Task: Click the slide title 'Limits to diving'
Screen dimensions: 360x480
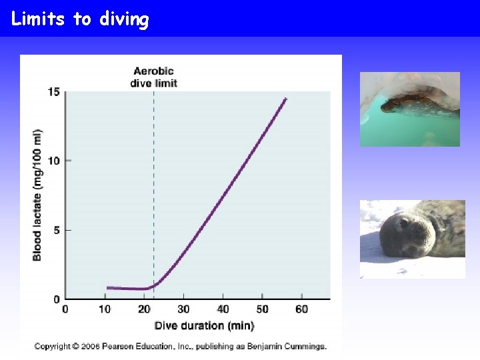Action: click(80, 19)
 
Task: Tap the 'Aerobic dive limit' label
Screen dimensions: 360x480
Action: click(154, 77)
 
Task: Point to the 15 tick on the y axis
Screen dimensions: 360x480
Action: click(53, 91)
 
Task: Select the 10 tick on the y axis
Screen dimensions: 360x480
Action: click(53, 161)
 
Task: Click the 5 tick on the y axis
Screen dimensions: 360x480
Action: click(57, 230)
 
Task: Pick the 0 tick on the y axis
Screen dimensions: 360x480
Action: click(57, 299)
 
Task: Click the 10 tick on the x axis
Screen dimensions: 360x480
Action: click(105, 309)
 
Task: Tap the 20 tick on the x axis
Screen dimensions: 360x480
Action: click(144, 309)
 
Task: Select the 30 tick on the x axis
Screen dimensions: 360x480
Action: click(183, 309)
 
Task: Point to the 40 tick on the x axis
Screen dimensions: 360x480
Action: click(223, 309)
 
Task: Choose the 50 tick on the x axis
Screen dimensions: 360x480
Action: click(262, 309)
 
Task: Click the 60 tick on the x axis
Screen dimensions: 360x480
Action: click(301, 309)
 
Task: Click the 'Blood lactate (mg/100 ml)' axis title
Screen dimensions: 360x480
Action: click(37, 195)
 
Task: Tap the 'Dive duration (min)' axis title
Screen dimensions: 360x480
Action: click(204, 325)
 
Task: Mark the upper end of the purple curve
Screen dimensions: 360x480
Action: click(285, 99)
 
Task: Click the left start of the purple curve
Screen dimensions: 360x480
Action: click(107, 288)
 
